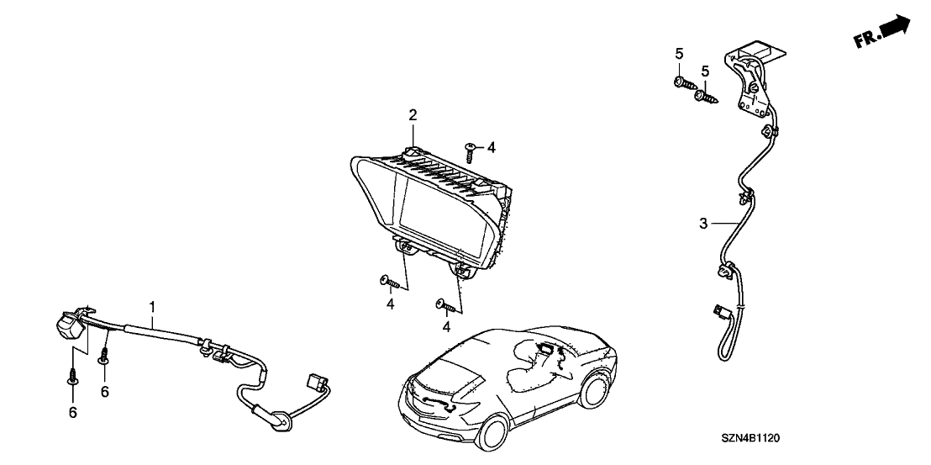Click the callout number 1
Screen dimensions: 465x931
click(152, 307)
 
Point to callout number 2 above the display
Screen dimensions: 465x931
click(413, 114)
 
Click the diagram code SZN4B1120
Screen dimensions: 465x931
click(758, 439)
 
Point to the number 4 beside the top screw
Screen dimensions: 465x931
click(491, 147)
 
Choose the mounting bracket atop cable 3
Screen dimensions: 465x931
click(758, 76)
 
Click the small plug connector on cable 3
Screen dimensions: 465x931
click(718, 313)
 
